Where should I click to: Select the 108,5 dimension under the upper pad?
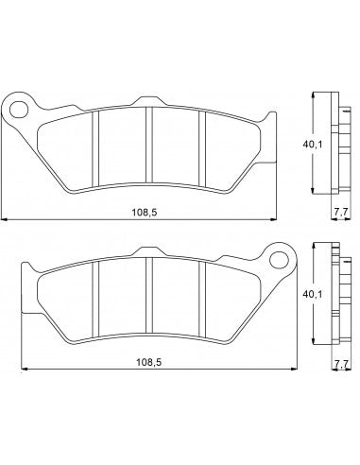coord(143,213)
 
